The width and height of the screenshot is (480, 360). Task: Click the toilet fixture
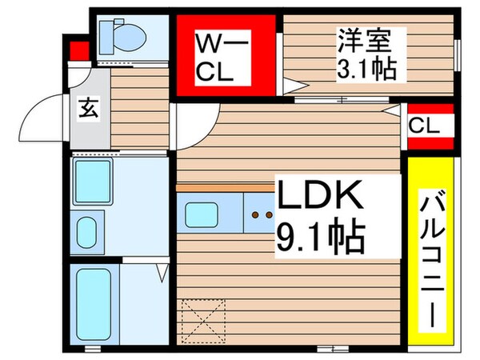pyautogui.click(x=122, y=36)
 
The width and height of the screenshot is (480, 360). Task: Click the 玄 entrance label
pyautogui.click(x=87, y=109)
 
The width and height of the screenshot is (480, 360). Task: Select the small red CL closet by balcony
pyautogui.click(x=430, y=126)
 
